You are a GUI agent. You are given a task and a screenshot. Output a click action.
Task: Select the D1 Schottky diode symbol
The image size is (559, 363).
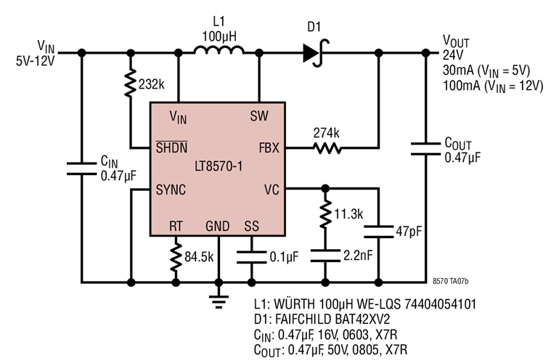[x=314, y=52]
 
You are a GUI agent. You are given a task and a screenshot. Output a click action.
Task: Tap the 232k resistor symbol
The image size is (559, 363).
[x=131, y=84]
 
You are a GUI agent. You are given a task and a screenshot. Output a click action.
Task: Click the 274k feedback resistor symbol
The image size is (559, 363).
[x=326, y=148]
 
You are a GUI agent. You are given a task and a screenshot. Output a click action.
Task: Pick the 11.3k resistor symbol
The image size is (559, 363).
[x=325, y=215]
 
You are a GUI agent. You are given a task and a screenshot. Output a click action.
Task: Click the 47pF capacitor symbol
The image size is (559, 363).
[x=378, y=232]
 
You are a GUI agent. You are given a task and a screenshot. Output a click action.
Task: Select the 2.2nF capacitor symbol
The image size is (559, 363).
[x=325, y=256]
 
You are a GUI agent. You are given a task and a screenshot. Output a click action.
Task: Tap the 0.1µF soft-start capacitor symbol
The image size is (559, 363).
[x=251, y=256]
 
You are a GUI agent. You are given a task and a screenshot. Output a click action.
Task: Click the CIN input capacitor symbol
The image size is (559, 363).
[x=81, y=168]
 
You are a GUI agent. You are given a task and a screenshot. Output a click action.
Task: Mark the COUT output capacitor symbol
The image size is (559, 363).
[x=425, y=149]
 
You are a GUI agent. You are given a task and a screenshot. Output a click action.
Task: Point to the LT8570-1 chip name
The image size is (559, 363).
[x=219, y=168]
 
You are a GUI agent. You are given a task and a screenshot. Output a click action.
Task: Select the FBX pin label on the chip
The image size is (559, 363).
[x=269, y=147]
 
